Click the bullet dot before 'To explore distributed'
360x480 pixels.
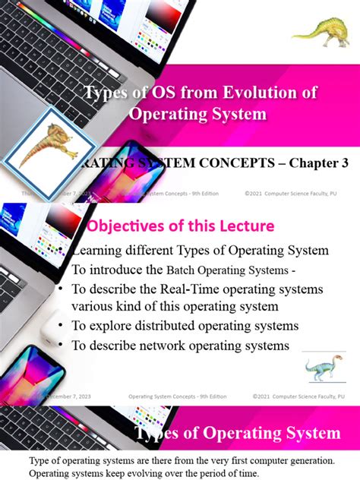pos(60,326)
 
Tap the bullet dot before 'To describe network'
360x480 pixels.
pos(60,345)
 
